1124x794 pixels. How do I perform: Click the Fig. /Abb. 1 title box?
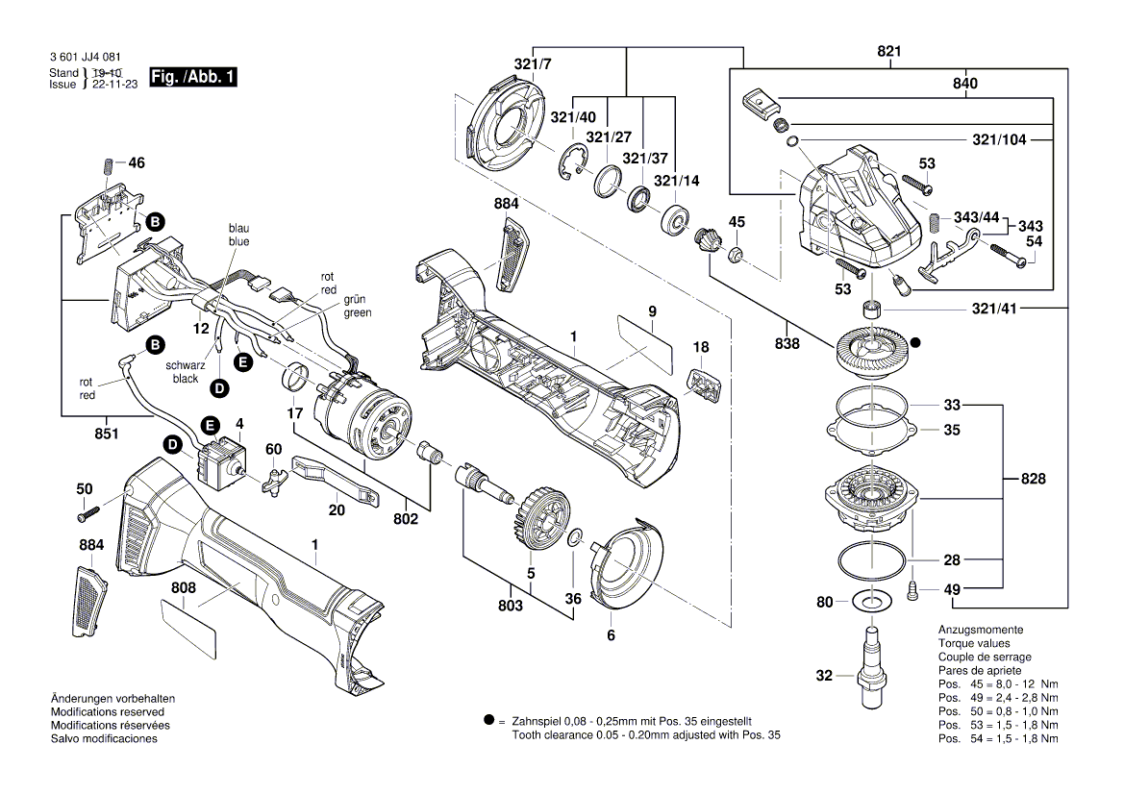193,77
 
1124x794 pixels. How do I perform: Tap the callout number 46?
136,163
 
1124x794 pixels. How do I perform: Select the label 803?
511,605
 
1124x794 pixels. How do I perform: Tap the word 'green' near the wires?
356,313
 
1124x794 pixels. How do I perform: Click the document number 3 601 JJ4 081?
84,59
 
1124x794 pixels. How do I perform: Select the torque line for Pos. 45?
998,683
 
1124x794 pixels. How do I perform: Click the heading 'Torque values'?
974,643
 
